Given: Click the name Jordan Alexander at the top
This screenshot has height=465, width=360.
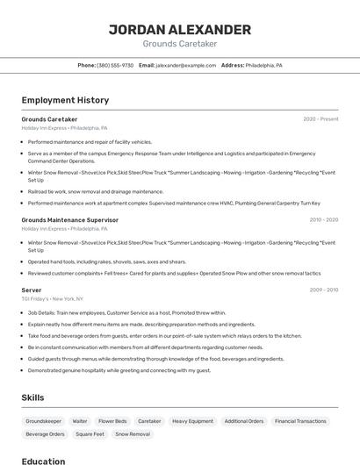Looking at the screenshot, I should point(179,29).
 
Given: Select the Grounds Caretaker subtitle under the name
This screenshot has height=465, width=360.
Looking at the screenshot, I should point(179,44).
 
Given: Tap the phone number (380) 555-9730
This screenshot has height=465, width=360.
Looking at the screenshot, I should point(115,65).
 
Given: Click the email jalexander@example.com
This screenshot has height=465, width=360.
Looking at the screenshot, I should point(186,65).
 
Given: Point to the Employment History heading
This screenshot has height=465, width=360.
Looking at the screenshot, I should point(65,100).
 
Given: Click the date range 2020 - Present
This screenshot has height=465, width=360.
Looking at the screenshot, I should point(320,118).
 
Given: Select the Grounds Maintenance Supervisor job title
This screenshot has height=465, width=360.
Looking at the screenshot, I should point(69,220).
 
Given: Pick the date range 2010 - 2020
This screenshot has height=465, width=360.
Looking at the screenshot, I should point(324,220).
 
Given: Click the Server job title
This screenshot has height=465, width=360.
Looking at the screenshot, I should point(32,290).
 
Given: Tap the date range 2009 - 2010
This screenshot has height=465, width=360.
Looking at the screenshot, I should point(324,290).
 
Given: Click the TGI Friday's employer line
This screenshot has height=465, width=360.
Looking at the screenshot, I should point(53,298).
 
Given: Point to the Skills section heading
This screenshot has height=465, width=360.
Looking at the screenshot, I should point(32,397).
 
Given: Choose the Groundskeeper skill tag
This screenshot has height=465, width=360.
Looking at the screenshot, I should point(43,421).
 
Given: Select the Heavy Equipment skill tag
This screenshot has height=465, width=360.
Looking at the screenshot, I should point(192,421).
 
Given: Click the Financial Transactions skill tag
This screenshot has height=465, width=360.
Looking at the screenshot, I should point(300,421).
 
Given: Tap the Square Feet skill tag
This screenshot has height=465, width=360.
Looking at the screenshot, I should point(90,434).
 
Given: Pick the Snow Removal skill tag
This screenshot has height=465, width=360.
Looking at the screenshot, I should point(133,434).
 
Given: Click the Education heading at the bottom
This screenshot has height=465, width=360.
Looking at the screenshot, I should point(43,460).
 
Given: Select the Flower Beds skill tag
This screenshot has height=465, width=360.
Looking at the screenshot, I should point(112,421).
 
